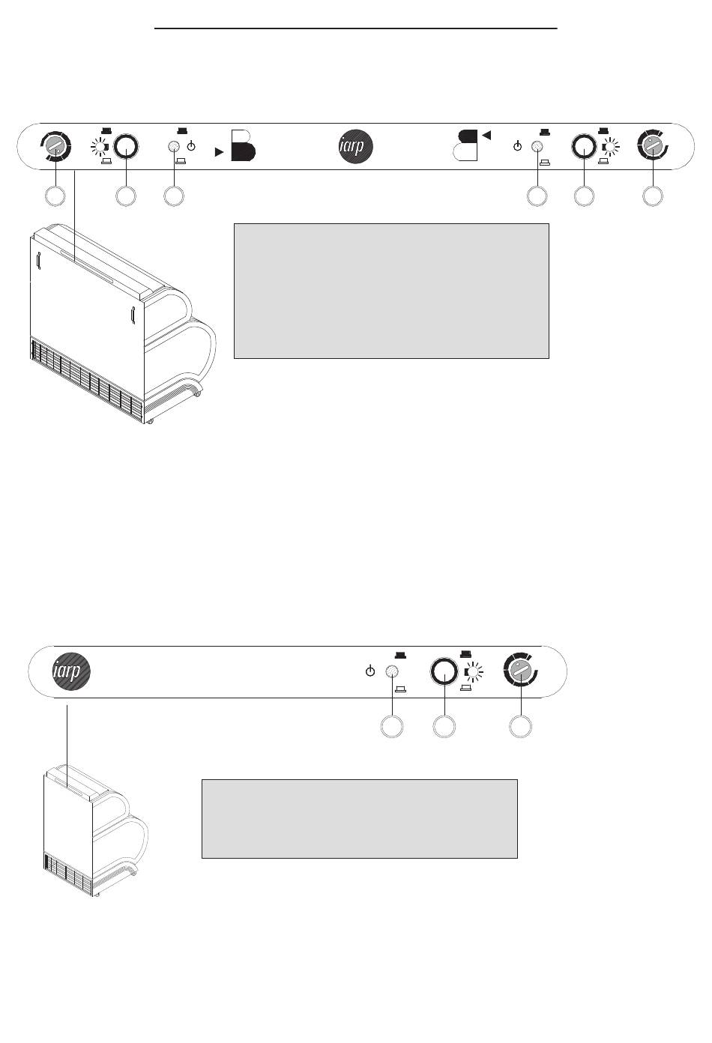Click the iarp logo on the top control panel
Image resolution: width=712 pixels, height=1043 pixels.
pyautogui.click(x=355, y=147)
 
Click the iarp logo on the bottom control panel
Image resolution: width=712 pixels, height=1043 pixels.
pyautogui.click(x=71, y=671)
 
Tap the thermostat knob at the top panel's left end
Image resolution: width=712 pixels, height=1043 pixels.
pyautogui.click(x=55, y=148)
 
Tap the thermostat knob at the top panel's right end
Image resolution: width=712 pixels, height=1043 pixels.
pyautogui.click(x=653, y=147)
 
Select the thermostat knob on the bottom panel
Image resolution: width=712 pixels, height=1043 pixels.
pyautogui.click(x=521, y=671)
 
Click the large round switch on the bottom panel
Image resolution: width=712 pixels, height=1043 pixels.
pyautogui.click(x=444, y=671)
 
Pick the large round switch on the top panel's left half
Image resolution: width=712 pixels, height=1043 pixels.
pyautogui.click(x=127, y=148)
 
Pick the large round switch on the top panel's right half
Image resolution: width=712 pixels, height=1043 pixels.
pyautogui.click(x=583, y=147)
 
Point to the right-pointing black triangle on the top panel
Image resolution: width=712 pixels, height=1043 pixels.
pyautogui.click(x=219, y=151)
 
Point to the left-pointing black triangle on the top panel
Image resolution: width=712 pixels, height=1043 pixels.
pyautogui.click(x=486, y=135)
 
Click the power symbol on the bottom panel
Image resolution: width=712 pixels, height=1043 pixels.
pyautogui.click(x=369, y=671)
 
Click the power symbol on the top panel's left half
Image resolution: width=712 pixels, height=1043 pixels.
pyautogui.click(x=192, y=146)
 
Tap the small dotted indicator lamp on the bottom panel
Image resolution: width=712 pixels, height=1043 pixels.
pyautogui.click(x=390, y=671)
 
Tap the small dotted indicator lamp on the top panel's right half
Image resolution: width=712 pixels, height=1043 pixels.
pyautogui.click(x=537, y=147)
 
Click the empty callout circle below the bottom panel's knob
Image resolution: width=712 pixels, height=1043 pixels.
pyautogui.click(x=521, y=726)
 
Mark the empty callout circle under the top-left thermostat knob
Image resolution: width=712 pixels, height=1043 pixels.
pyautogui.click(x=54, y=196)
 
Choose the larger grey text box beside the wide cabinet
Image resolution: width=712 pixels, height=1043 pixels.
pyautogui.click(x=391, y=290)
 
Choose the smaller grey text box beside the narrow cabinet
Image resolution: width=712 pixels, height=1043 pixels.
pyautogui.click(x=359, y=818)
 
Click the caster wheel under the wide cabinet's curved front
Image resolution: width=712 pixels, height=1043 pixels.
pyautogui.click(x=198, y=393)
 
